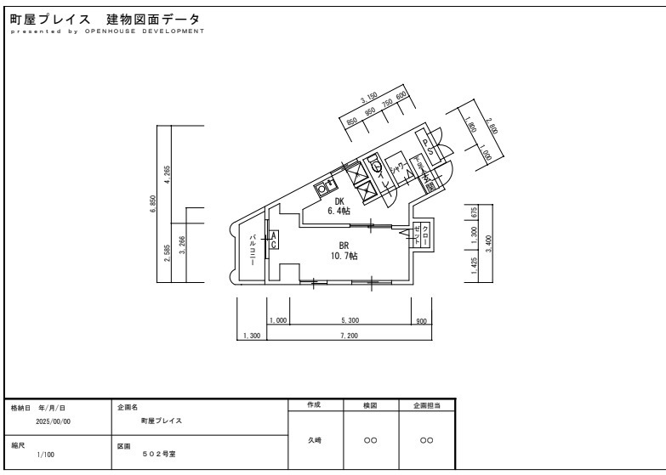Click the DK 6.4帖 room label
(x=344, y=206)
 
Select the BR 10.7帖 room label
(x=344, y=250)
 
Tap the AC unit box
(x=273, y=240)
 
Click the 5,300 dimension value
(x=349, y=320)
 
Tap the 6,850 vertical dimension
(x=153, y=204)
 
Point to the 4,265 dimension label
(x=168, y=174)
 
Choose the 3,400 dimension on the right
(x=487, y=242)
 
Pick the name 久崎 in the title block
(x=314, y=440)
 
